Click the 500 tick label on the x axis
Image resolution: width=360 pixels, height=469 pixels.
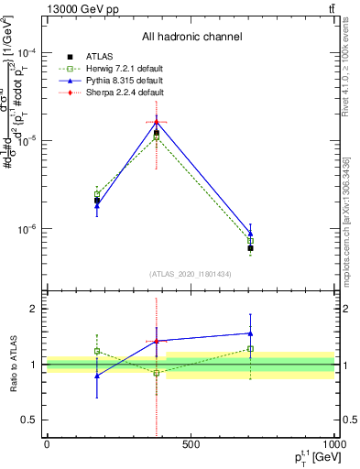[191, 445]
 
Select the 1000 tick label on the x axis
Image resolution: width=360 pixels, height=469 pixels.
[333, 445]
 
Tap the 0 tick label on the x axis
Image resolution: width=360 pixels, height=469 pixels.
[47, 445]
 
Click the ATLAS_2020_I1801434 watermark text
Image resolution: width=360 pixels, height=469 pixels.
[191, 274]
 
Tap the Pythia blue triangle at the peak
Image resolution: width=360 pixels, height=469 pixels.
[157, 121]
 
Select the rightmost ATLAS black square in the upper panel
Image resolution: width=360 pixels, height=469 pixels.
[250, 248]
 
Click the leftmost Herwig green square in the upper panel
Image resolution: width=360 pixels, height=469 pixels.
[97, 194]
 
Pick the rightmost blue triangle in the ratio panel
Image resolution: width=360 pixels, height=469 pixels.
[250, 333]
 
